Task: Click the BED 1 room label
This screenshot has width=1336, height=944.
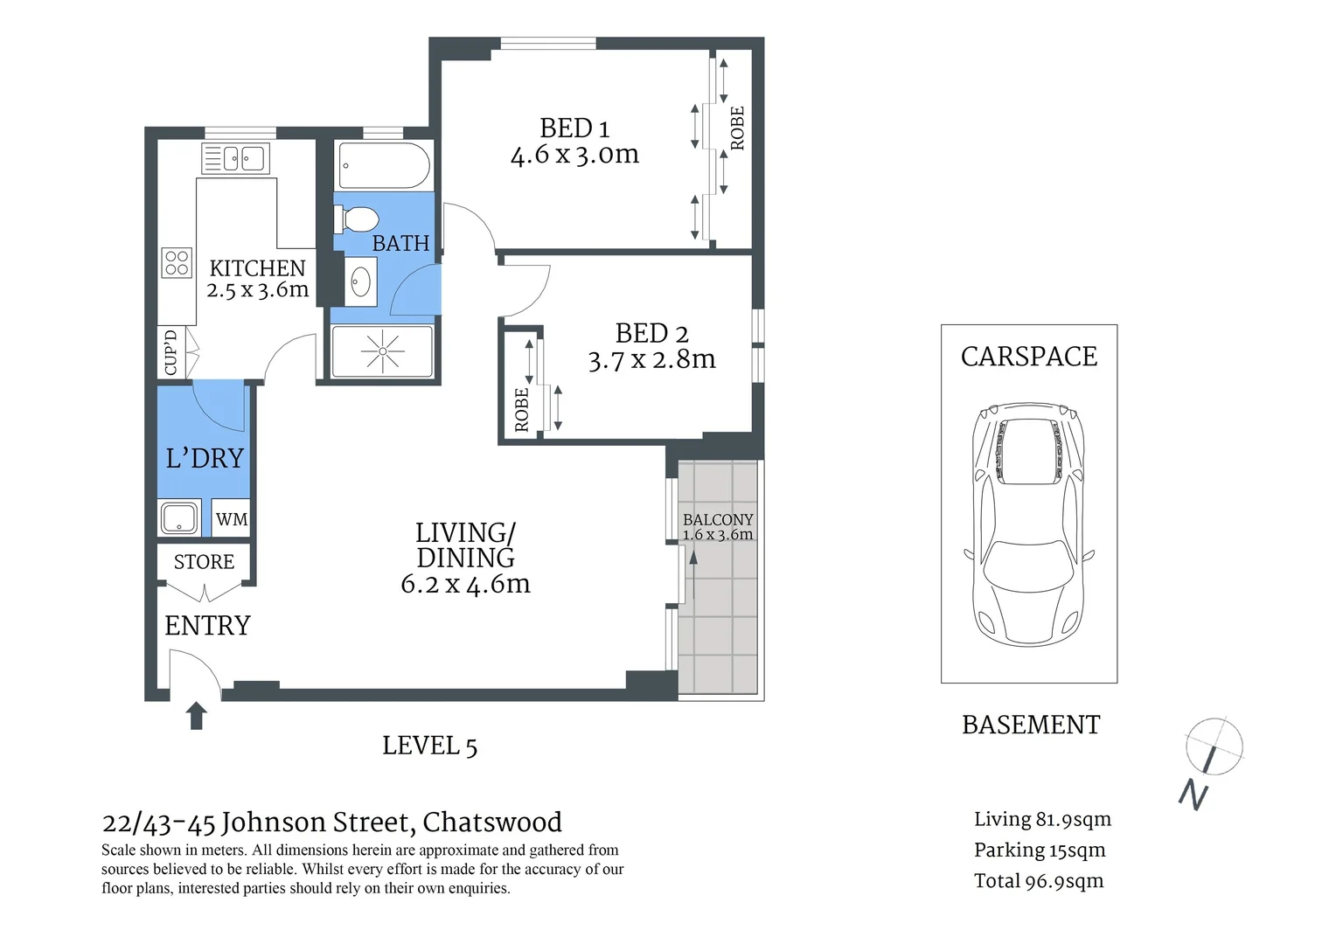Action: coord(574,128)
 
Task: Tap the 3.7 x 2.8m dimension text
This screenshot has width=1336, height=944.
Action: coord(651,359)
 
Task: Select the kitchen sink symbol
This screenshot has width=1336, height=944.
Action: coord(236,159)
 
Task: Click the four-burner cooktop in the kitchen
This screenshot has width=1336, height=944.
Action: coord(177,263)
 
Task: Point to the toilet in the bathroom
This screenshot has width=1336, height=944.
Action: coord(357,219)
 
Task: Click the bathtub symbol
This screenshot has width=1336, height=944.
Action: coord(384,165)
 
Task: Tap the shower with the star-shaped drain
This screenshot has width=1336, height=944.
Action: coord(382,352)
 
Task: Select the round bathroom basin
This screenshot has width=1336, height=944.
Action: coord(360,281)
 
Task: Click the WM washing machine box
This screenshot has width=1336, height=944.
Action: coord(232,519)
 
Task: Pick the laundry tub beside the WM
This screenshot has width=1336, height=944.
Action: coord(180,517)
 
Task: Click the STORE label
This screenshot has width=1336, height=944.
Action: coord(204,562)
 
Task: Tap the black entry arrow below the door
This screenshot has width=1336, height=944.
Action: coord(197,715)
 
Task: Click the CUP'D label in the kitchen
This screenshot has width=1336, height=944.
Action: coord(170,351)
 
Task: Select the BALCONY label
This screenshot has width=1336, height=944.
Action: coord(718,519)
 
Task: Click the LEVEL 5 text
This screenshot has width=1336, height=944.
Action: coord(429,746)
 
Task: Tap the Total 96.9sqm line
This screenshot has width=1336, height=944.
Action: coord(1039,881)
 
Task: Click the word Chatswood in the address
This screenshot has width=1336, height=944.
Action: coord(492,823)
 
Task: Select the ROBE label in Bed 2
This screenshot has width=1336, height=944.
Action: coord(522,410)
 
